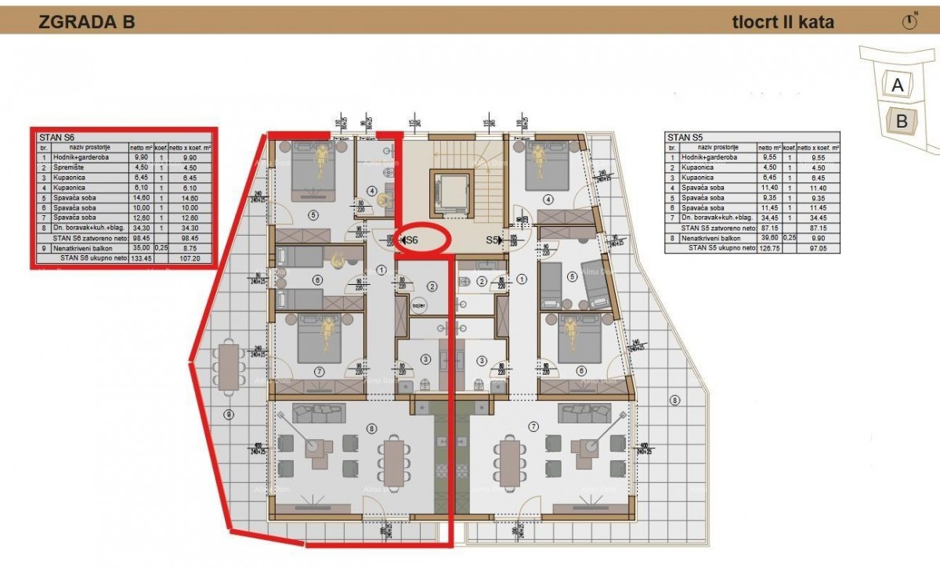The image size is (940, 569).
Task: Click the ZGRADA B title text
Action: coord(87,22)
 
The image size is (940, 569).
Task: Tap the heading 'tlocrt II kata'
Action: coord(783,22)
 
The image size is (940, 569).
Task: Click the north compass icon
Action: coord(909,22)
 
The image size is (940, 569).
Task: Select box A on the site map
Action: coord(898,85)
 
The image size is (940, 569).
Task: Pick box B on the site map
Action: coord(902,121)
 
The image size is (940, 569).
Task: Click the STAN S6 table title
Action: coord(56,138)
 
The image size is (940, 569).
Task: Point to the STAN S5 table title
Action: coord(685,136)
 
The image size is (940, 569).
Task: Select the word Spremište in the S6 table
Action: coord(68,166)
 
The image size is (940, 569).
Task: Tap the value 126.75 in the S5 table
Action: coord(772,247)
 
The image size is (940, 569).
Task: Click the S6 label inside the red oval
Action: coord(412,241)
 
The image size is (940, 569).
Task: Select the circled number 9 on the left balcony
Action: coord(229,413)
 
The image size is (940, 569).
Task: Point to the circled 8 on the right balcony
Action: coord(675,402)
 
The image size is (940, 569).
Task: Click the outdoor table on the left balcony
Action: coord(230,366)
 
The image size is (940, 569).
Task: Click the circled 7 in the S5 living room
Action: coord(534,427)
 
